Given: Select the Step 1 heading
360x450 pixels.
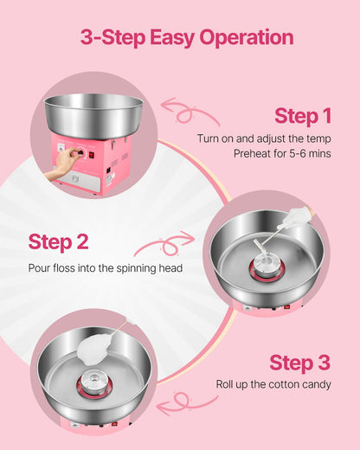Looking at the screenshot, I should [x=303, y=116].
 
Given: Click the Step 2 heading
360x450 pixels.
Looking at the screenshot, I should [x=57, y=241].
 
